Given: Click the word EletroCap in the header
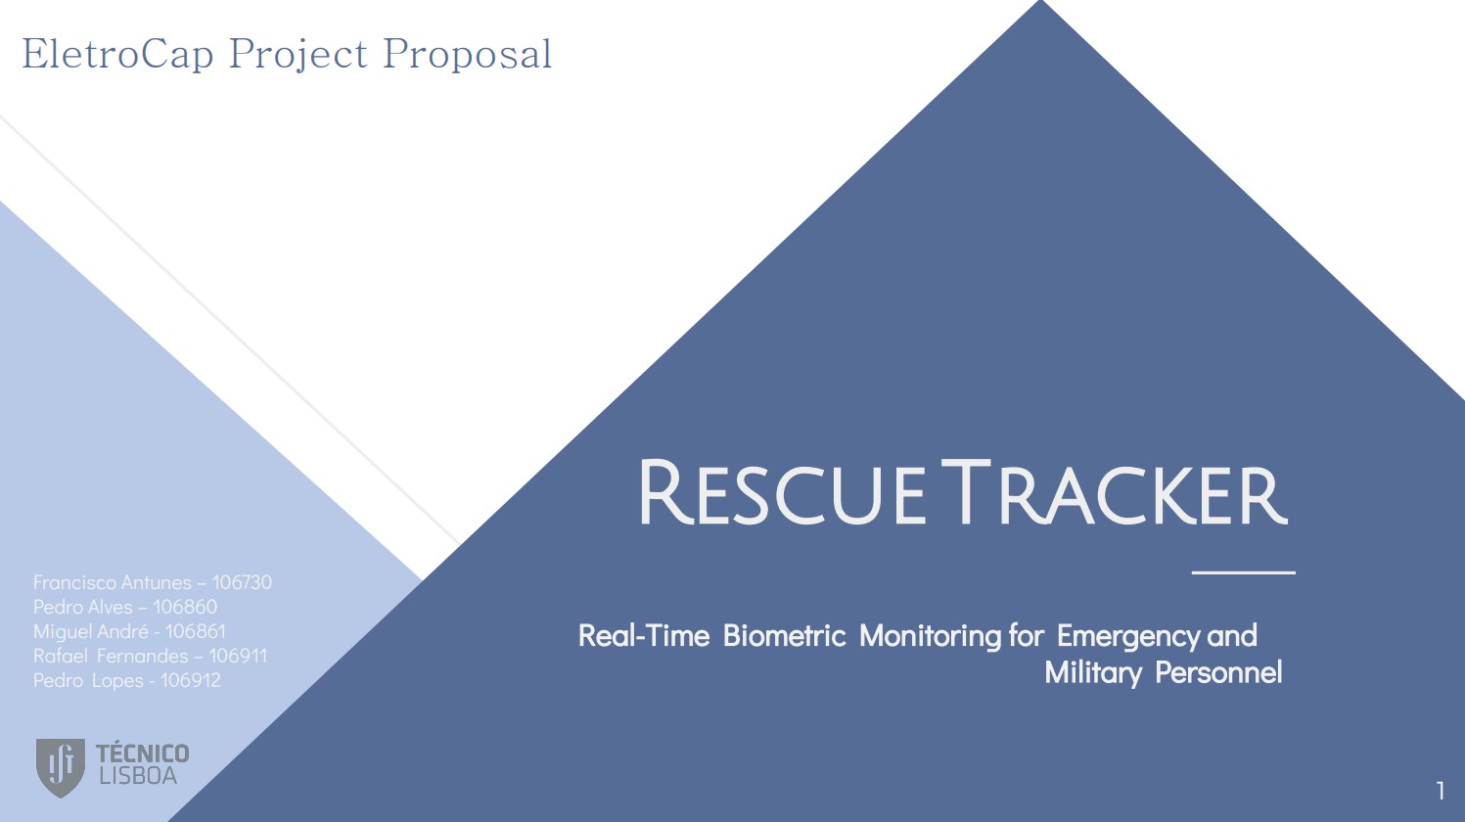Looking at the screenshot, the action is pyautogui.click(x=117, y=55).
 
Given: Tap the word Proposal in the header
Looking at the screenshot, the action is pyautogui.click(x=468, y=55).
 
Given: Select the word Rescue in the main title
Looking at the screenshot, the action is pyautogui.click(x=782, y=492).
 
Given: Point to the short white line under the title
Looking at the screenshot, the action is pyautogui.click(x=1243, y=572).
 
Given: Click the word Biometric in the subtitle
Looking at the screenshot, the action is pyautogui.click(x=784, y=636).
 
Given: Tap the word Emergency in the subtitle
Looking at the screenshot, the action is pyautogui.click(x=1128, y=637).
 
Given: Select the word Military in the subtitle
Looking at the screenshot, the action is pyautogui.click(x=1093, y=673).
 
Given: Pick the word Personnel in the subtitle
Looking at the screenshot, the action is pyautogui.click(x=1218, y=672).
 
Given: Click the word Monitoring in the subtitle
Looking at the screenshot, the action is pyautogui.click(x=930, y=637).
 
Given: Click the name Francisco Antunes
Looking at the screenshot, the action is pyautogui.click(x=113, y=582).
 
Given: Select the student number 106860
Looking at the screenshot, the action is pyautogui.click(x=185, y=607).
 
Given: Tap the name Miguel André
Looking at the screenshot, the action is pyautogui.click(x=91, y=632).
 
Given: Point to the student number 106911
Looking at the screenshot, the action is pyautogui.click(x=238, y=656).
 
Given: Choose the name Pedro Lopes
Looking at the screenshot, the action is pyautogui.click(x=88, y=681).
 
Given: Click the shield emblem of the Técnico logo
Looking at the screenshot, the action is pyautogui.click(x=60, y=767).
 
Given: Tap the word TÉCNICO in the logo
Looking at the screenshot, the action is pyautogui.click(x=143, y=753).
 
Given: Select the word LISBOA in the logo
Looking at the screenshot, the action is pyautogui.click(x=138, y=776).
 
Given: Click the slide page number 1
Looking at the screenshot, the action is pyautogui.click(x=1441, y=791).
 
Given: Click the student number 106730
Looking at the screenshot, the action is pyautogui.click(x=242, y=582).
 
